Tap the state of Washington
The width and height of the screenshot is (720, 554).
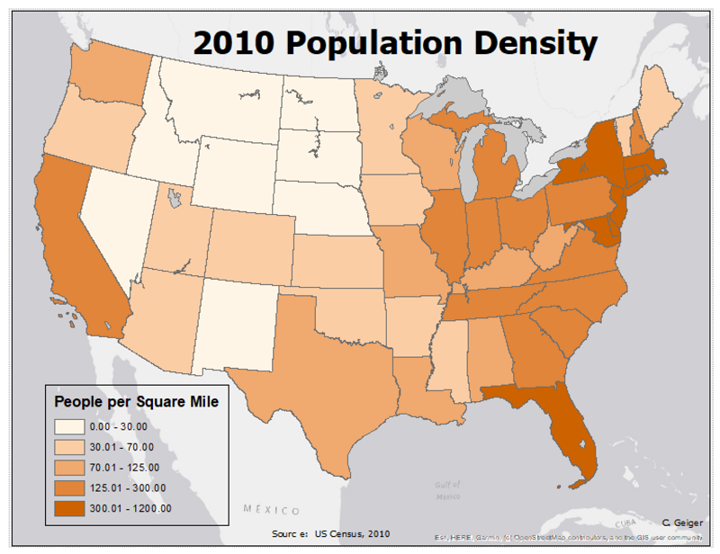(108, 85)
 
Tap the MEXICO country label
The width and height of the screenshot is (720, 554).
(272, 510)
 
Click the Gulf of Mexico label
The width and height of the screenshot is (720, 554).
(441, 490)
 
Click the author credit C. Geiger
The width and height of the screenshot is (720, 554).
(680, 522)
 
